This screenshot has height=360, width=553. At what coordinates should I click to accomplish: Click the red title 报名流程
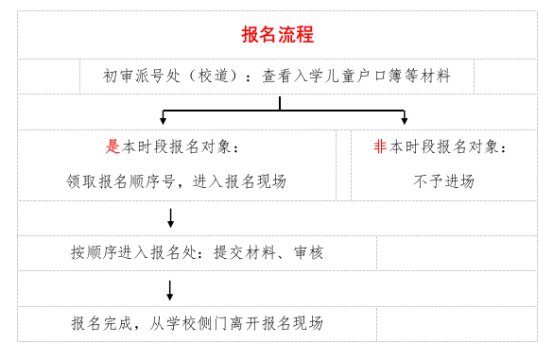pos(277,36)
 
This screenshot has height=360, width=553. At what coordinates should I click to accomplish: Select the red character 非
pos(380,147)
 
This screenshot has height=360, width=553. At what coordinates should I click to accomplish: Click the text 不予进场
pos(443,181)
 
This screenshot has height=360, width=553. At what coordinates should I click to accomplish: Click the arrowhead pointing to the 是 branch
pos(164,120)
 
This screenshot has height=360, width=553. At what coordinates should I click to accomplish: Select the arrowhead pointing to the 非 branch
pos(405,120)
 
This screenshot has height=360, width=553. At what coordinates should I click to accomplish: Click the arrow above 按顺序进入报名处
pos(170,219)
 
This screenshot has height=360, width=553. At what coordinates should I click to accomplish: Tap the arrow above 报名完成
pos(170,291)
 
